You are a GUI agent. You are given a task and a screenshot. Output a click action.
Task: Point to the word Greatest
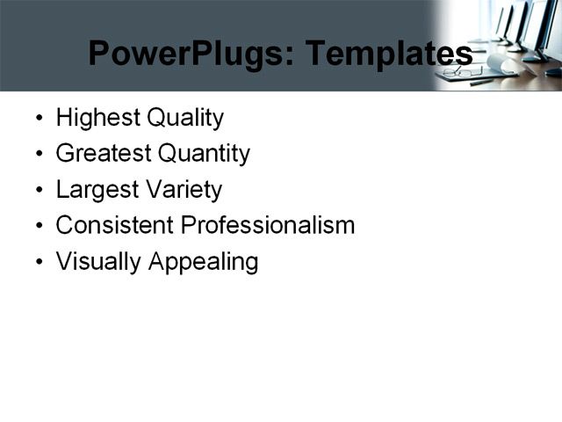103,154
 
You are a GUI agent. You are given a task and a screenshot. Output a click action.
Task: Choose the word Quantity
204,154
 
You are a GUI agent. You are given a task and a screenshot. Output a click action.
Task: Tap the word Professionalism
267,225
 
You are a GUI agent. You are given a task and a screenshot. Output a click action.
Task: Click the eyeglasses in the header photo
463,72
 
